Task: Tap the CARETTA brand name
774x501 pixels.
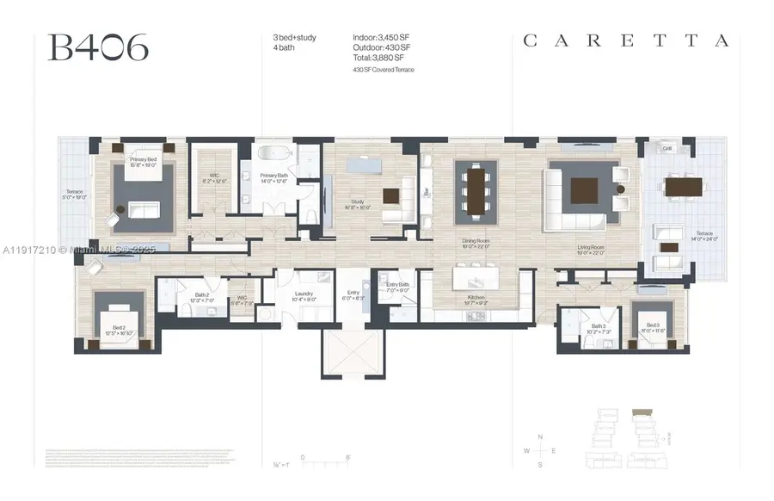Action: (x=627, y=40)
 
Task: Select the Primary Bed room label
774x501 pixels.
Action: (x=143, y=159)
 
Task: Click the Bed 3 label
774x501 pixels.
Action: (x=653, y=325)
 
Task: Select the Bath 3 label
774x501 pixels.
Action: (x=599, y=325)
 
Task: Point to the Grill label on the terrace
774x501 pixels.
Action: (x=666, y=148)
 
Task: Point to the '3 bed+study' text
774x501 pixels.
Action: (x=288, y=36)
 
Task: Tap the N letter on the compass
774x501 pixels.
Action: (x=539, y=437)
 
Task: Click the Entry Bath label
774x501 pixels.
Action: (x=398, y=285)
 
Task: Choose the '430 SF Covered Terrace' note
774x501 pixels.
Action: (x=383, y=69)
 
